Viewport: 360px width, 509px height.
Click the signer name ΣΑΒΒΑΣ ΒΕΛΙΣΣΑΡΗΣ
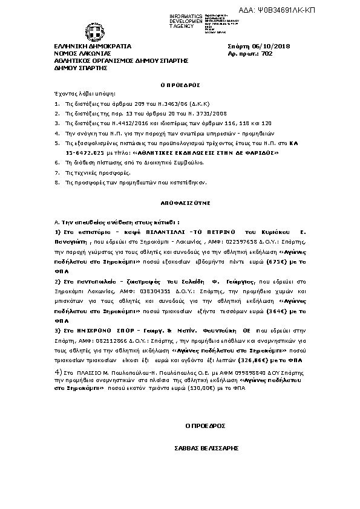[x=205, y=449]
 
